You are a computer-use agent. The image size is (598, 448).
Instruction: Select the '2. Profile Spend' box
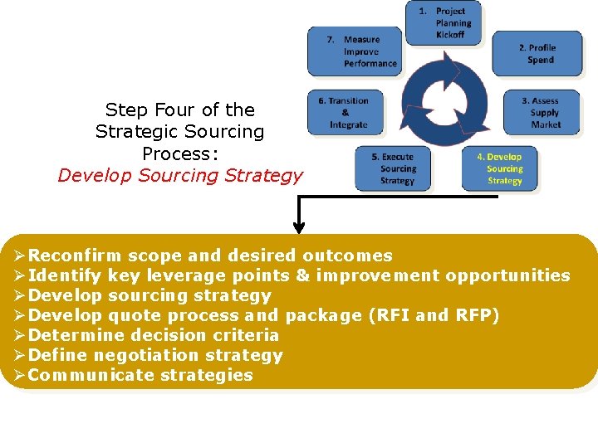[x=532, y=54]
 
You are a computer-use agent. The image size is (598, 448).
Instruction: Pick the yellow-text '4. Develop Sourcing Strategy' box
[x=500, y=168]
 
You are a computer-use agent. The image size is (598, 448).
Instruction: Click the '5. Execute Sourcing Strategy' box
[x=394, y=168]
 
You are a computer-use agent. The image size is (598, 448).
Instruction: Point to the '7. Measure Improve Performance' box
[x=355, y=51]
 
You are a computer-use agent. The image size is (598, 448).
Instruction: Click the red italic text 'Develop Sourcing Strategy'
[x=180, y=175]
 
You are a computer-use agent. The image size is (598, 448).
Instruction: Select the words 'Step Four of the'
[x=180, y=110]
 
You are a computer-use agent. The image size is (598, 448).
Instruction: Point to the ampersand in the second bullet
[x=302, y=275]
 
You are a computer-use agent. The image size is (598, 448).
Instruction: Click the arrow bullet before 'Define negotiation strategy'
[x=20, y=355]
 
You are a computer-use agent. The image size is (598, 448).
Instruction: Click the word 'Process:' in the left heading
[x=180, y=153]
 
